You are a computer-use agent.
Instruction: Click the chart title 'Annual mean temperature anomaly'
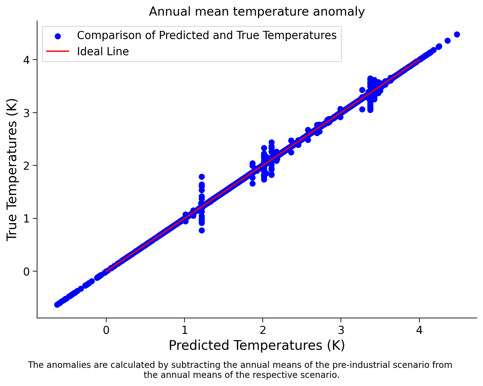tap(257, 12)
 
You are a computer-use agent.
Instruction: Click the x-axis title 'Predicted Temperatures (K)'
tap(257, 345)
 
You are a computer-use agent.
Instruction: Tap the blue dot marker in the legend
tap(58, 36)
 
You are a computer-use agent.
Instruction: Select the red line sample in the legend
tap(58, 51)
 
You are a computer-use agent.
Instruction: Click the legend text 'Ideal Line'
tap(103, 51)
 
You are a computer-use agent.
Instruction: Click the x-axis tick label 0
tap(106, 330)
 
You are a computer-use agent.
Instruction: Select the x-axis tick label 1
tap(184, 330)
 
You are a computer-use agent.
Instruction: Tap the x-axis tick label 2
tap(263, 330)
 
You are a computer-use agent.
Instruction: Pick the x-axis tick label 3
tap(341, 330)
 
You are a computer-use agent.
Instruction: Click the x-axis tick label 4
tap(419, 330)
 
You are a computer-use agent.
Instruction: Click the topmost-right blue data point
tap(457, 34)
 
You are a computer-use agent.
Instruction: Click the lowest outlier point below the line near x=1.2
tap(202, 230)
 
